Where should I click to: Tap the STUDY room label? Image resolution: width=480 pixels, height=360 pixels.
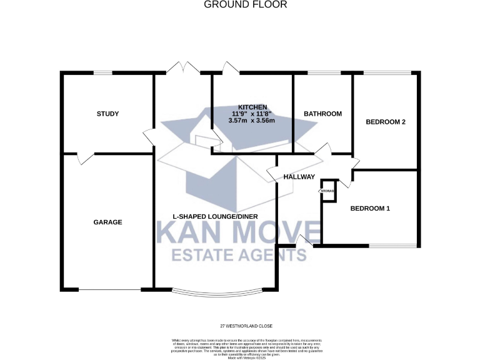pyautogui.click(x=107, y=114)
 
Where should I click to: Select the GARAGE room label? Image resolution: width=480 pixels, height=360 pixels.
pyautogui.click(x=107, y=222)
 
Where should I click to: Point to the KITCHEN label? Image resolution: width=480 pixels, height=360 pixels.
pyautogui.click(x=252, y=107)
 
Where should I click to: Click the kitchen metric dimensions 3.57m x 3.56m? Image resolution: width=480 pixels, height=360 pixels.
pyautogui.click(x=252, y=121)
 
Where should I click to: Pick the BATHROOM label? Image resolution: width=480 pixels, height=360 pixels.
pyautogui.click(x=322, y=114)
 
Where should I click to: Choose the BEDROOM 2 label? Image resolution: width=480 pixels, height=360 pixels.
pyautogui.click(x=386, y=122)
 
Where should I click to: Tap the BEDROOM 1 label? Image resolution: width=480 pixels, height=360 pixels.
pyautogui.click(x=370, y=209)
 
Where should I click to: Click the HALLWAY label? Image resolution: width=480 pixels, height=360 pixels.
pyautogui.click(x=299, y=177)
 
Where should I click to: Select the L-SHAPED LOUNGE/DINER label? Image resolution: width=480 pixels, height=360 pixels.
pyautogui.click(x=216, y=217)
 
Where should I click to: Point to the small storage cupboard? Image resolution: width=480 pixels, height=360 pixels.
pyautogui.click(x=328, y=190)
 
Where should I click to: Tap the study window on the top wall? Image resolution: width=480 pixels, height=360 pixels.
pyautogui.click(x=102, y=73)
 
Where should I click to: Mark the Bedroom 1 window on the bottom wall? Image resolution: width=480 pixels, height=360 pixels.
pyautogui.click(x=391, y=244)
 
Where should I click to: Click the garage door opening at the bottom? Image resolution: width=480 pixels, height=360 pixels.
pyautogui.click(x=109, y=289)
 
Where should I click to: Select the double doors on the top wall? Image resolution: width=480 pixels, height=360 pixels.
pyautogui.click(x=183, y=68)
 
